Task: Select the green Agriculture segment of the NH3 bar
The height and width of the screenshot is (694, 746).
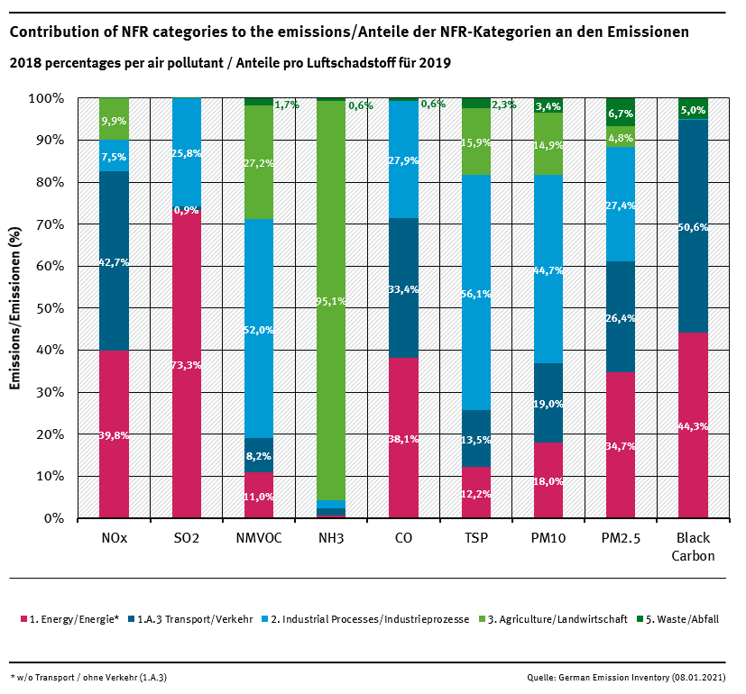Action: pyautogui.click(x=331, y=225)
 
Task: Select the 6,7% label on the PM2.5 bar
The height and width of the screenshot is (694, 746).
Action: pyautogui.click(x=621, y=114)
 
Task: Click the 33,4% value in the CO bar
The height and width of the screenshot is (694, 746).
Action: pyautogui.click(x=403, y=289)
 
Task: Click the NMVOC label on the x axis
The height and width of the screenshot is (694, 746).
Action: pyautogui.click(x=259, y=538)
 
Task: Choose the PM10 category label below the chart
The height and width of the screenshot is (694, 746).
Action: pyautogui.click(x=548, y=538)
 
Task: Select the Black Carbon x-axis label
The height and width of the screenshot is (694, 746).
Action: pyautogui.click(x=693, y=546)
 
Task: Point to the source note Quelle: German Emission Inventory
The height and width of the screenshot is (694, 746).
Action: pyautogui.click(x=631, y=676)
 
